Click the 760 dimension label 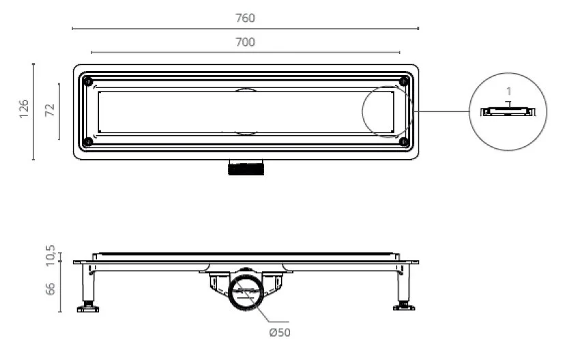pyautogui.click(x=245, y=18)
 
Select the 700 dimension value pyautogui.click(x=245, y=42)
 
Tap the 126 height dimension pyautogui.click(x=24, y=109)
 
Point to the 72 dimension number pyautogui.click(x=49, y=110)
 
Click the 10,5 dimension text pyautogui.click(x=50, y=255)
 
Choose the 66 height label pyautogui.click(x=50, y=288)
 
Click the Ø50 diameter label pyautogui.click(x=280, y=333)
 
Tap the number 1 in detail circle pyautogui.click(x=508, y=91)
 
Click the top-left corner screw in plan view pyautogui.click(x=88, y=81)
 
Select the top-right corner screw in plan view pyautogui.click(x=404, y=81)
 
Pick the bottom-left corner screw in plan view pyautogui.click(x=88, y=142)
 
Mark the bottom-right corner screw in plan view pyautogui.click(x=404, y=142)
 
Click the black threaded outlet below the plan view pyautogui.click(x=246, y=169)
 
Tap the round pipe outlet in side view pyautogui.click(x=246, y=292)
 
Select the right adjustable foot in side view pyautogui.click(x=404, y=306)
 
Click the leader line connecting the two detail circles pyautogui.click(x=442, y=111)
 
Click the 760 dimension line pyautogui.click(x=245, y=28)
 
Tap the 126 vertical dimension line pyautogui.click(x=33, y=111)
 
